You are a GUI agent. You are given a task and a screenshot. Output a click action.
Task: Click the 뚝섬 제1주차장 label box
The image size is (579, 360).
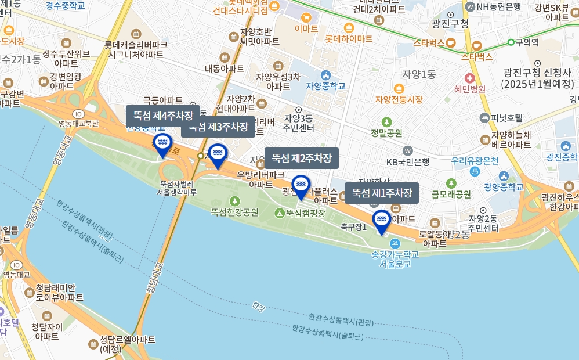[382, 193]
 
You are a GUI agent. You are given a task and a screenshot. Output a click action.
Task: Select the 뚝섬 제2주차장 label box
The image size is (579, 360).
[302, 158]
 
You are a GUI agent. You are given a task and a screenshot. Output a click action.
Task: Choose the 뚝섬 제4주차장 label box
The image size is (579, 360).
[163, 116]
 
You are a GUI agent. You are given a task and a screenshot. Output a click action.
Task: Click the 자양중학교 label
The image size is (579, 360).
[325, 86]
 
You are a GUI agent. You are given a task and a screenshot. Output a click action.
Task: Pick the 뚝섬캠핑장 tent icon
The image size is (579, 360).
[280, 213]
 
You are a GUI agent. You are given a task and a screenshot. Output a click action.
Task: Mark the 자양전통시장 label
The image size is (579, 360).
[399, 99]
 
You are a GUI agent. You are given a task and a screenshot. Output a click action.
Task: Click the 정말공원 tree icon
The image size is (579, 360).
[387, 122]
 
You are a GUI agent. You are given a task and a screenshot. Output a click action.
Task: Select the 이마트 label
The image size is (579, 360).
[306, 28]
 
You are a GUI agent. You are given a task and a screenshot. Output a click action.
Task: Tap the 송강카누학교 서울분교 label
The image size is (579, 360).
[395, 258]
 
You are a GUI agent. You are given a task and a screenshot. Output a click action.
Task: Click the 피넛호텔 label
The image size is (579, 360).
[506, 118]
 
